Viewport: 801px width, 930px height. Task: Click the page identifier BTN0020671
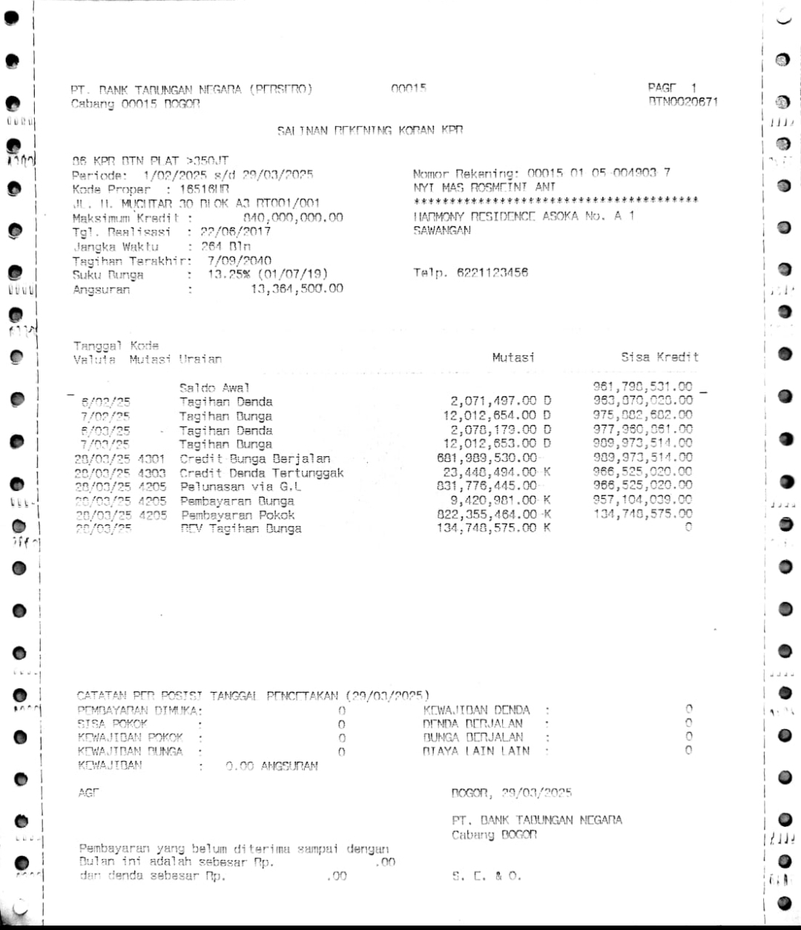click(x=682, y=102)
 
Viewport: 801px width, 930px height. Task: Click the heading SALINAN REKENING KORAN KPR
click(x=370, y=131)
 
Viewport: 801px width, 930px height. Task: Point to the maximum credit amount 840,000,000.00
click(x=293, y=217)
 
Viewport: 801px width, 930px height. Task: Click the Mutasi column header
click(x=513, y=357)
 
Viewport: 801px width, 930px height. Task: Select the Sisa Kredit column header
click(x=659, y=357)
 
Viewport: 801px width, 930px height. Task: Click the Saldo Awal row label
click(x=214, y=387)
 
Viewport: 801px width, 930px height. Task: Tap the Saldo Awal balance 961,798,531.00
click(x=642, y=386)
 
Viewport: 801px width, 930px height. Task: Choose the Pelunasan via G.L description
click(x=240, y=487)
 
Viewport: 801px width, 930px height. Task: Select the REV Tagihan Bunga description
click(x=240, y=529)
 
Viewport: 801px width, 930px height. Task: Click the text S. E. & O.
click(x=487, y=876)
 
